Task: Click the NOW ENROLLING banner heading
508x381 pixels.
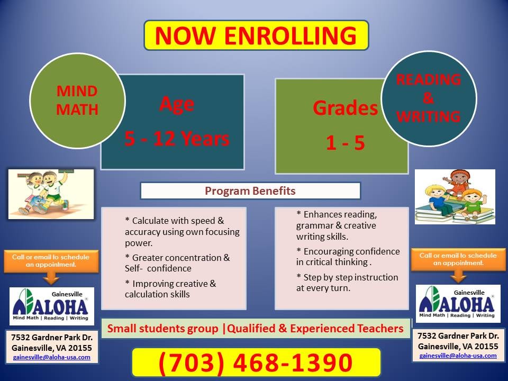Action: tap(256, 35)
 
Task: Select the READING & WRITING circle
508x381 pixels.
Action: tap(429, 99)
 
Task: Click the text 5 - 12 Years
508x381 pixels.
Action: tap(177, 139)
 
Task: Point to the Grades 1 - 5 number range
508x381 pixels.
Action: tap(345, 143)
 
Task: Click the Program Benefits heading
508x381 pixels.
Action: tap(250, 190)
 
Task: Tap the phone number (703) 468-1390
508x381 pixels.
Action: tap(256, 363)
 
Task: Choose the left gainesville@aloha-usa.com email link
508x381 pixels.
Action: tap(52, 357)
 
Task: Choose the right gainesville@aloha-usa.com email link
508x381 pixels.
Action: tap(458, 356)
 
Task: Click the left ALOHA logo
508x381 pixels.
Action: tap(52, 306)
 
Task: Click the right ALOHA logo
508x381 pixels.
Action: tap(458, 304)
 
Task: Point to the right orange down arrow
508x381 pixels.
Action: tap(458, 275)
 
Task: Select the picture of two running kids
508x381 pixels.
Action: tap(51, 194)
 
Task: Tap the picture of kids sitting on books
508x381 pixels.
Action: tap(455, 196)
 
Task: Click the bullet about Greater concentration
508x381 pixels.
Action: tap(177, 263)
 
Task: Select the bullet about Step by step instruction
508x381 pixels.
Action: tap(347, 283)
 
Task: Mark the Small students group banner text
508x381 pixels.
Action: tap(256, 329)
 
